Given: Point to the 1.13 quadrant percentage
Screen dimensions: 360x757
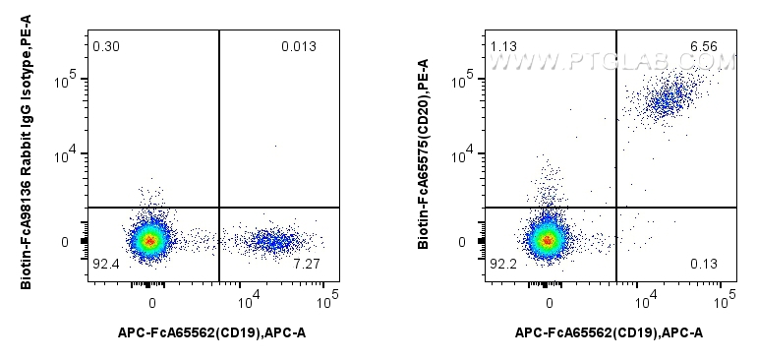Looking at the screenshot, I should pos(502,46).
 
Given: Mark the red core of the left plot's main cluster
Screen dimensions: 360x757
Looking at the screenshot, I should pos(149,239).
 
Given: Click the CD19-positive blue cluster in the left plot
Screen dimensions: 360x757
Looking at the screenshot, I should pos(270,239).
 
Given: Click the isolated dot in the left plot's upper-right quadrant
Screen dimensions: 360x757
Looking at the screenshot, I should pos(274,146).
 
